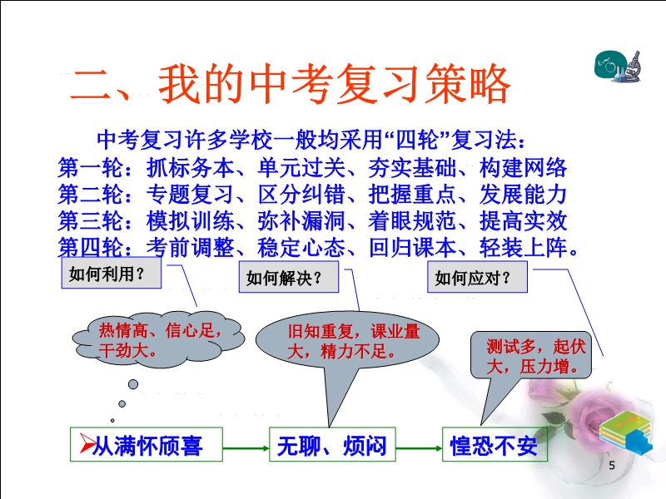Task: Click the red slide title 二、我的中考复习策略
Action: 290,84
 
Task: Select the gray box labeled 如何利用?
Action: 112,274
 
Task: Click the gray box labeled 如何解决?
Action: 289,277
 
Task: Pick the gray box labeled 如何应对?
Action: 477,277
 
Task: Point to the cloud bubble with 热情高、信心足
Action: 159,339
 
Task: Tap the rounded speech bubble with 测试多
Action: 531,356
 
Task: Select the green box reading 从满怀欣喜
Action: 147,444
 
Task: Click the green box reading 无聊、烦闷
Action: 332,444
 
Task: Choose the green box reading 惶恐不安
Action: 495,444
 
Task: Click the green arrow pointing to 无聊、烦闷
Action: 246,448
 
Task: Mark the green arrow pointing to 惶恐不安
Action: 420,448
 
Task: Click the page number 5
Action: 612,466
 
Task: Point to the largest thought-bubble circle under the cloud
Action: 133,384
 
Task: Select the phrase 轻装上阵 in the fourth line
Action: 524,247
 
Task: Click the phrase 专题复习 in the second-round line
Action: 191,195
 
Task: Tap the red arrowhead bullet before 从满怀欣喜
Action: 87,443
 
